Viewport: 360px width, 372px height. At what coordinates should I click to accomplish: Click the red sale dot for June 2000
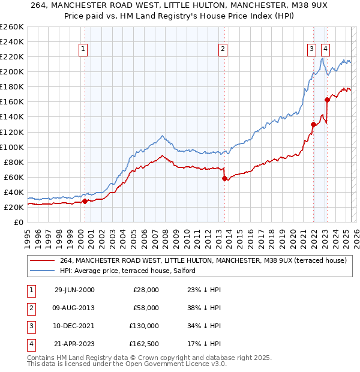85,201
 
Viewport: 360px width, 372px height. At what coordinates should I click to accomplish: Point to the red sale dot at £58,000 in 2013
224,178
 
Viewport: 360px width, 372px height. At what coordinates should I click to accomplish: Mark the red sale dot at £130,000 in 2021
313,124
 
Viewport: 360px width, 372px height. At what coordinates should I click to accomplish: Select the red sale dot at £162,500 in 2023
328,100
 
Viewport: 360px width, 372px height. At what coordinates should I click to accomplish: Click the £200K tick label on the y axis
12,71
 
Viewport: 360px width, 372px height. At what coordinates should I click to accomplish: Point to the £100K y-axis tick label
12,147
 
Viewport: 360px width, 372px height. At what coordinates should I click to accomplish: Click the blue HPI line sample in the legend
42,271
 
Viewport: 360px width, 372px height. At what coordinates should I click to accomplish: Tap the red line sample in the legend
42,260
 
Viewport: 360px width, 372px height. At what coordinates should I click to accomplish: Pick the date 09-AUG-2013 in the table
74,308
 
